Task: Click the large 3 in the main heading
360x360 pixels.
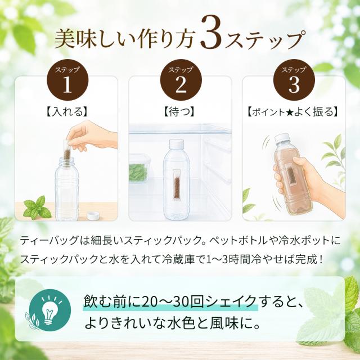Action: pos(210,34)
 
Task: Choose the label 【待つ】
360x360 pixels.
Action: pos(180,112)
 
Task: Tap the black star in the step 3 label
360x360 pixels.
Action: pos(289,112)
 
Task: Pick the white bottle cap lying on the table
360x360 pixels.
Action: pos(93,216)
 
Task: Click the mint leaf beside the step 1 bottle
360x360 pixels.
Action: pos(37,208)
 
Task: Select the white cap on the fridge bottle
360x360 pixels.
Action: pos(177,144)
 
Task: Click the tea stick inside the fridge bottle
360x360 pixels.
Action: pos(176,186)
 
